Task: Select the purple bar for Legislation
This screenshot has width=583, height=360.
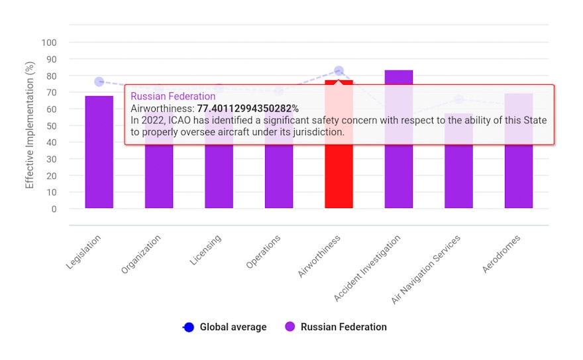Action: [x=99, y=152]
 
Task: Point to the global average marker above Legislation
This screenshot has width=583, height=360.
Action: [x=99, y=82]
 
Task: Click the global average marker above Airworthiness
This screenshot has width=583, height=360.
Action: [x=339, y=70]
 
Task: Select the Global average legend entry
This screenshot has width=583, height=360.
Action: [x=225, y=327]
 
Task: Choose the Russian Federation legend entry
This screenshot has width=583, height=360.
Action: [x=336, y=327]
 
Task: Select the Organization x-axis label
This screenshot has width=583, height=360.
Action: [x=141, y=254]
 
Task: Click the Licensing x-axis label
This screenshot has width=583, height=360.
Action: [x=205, y=250]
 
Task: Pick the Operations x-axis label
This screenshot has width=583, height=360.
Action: [x=263, y=252]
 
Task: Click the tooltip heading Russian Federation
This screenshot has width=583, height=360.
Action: [x=173, y=96]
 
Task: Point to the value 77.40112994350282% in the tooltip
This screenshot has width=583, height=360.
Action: [x=248, y=108]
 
